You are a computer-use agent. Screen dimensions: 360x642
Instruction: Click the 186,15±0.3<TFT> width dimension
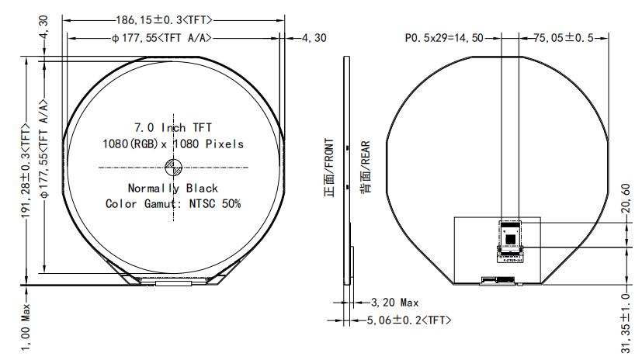tap(173, 19)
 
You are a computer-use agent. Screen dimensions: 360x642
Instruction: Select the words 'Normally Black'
tap(173, 189)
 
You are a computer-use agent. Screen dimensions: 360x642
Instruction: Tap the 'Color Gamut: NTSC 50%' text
tap(173, 203)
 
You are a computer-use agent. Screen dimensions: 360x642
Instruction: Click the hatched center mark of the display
tap(173, 166)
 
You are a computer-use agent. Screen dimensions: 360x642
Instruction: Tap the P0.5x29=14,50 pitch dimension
tap(444, 37)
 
